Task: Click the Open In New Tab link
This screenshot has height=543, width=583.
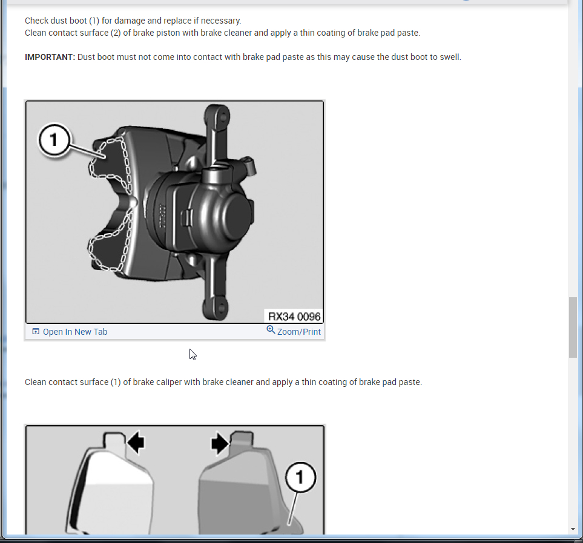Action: pyautogui.click(x=74, y=332)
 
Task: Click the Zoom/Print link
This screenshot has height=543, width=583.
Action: pyautogui.click(x=298, y=332)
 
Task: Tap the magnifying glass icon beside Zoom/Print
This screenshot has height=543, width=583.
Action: pyautogui.click(x=271, y=330)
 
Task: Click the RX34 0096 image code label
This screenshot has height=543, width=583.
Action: pyautogui.click(x=294, y=316)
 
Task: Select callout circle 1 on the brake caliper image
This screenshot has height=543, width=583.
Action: pyautogui.click(x=54, y=140)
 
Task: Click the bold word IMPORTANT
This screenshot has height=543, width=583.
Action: pyautogui.click(x=50, y=57)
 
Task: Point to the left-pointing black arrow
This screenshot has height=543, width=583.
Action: pyautogui.click(x=136, y=443)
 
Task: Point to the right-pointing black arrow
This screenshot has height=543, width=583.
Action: pyautogui.click(x=220, y=443)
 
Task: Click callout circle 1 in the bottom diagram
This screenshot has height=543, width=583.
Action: pyautogui.click(x=300, y=477)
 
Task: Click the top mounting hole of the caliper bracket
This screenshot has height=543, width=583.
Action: pyautogui.click(x=223, y=117)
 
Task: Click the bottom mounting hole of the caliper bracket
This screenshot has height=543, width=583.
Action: pyautogui.click(x=221, y=308)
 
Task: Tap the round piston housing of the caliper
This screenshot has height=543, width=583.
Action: pyautogui.click(x=231, y=216)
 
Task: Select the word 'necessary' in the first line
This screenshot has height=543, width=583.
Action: pyautogui.click(x=221, y=21)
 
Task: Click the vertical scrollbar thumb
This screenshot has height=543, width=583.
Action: pyautogui.click(x=573, y=327)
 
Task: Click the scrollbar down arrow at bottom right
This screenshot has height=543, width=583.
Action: pyautogui.click(x=573, y=529)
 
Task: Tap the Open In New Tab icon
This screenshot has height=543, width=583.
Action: pyautogui.click(x=36, y=331)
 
